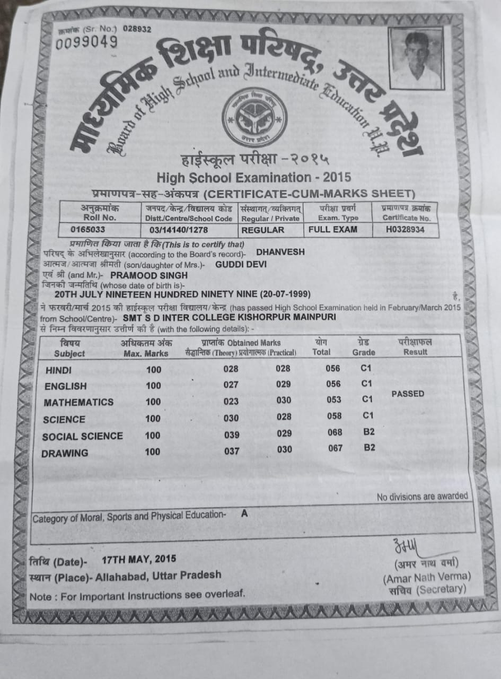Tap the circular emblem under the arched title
click(x=254, y=117)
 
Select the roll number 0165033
click(x=88, y=230)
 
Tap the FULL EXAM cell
click(x=332, y=230)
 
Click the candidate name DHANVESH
click(x=280, y=252)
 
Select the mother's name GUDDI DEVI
click(x=241, y=264)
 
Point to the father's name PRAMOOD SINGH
click(x=148, y=275)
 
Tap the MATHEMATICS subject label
click(x=78, y=402)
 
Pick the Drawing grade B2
click(x=369, y=448)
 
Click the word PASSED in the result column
click(x=407, y=394)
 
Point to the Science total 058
click(x=335, y=416)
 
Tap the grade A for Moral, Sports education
click(x=244, y=513)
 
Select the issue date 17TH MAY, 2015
click(x=139, y=559)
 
